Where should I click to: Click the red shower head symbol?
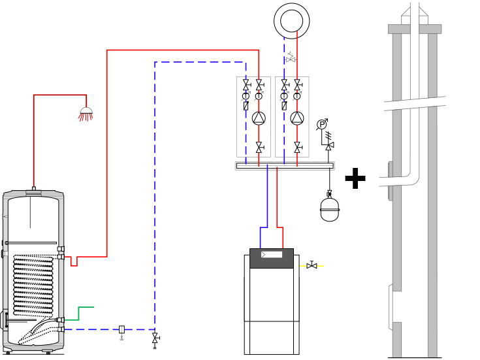coord(86,114)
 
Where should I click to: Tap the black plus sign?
coord(355,178)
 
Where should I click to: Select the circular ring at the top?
coord(291,20)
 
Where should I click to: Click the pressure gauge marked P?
coord(322,124)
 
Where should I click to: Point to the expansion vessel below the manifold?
coord(329,209)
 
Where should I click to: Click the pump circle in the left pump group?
coord(259,118)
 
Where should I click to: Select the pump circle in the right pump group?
coord(297,118)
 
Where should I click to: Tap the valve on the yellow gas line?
coord(312,265)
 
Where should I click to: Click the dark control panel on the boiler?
coord(272,257)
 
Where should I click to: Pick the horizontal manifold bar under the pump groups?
coord(285,166)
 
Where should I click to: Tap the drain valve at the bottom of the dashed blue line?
coord(155,338)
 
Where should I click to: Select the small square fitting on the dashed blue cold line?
coord(121,329)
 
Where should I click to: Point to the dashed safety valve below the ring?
coord(291,59)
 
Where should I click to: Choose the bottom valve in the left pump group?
coord(259,147)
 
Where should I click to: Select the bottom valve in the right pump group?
coord(297,147)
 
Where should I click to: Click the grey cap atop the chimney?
coord(414,29)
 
